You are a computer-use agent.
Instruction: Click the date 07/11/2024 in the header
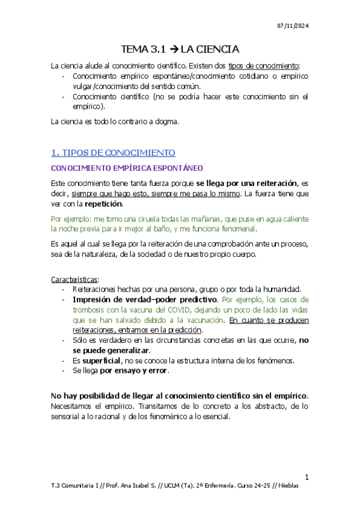click(x=292, y=25)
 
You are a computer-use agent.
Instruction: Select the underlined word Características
click(x=74, y=279)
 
